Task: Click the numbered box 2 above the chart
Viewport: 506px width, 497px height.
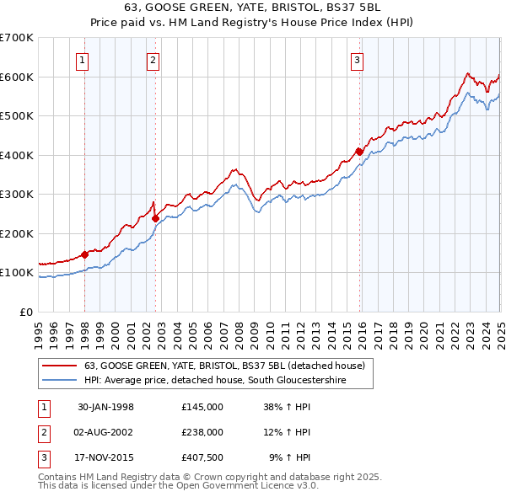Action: (x=153, y=59)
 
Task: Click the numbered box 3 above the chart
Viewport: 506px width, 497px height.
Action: (x=358, y=59)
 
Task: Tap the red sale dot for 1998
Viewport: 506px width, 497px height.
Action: (x=85, y=254)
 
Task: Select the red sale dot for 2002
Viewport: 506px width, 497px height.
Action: (x=155, y=218)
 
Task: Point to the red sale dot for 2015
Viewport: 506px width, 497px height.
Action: (x=359, y=152)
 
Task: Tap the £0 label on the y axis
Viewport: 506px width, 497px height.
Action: (x=24, y=312)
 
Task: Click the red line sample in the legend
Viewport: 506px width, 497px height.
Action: (x=60, y=366)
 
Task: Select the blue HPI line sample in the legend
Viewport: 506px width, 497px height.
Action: (x=60, y=381)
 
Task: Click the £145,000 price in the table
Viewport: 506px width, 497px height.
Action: (x=202, y=406)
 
